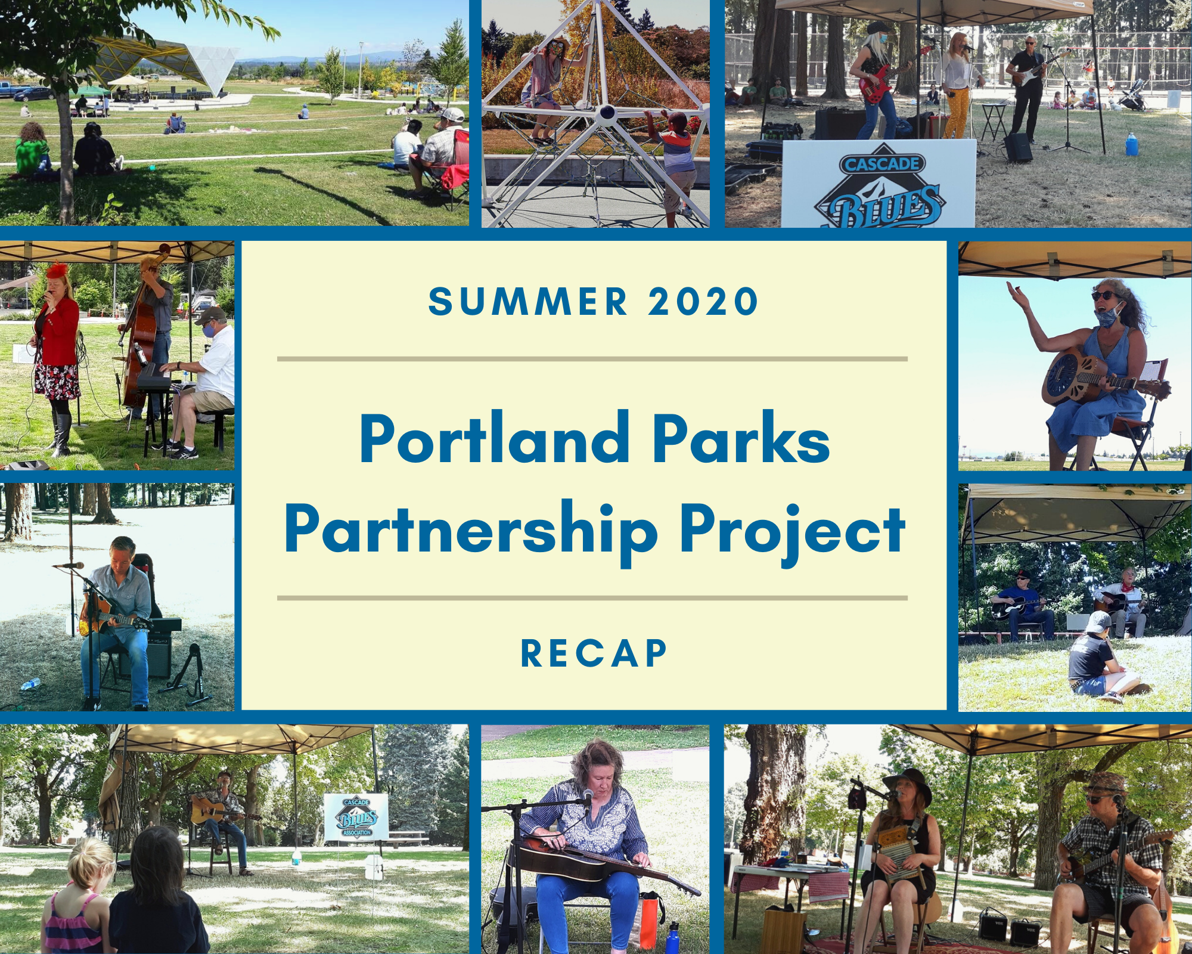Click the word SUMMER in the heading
click(x=528, y=301)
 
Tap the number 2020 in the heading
click(x=704, y=301)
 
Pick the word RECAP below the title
click(x=594, y=653)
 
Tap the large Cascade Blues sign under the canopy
click(x=879, y=184)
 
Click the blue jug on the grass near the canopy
click(x=1131, y=144)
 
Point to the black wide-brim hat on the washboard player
click(x=907, y=782)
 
